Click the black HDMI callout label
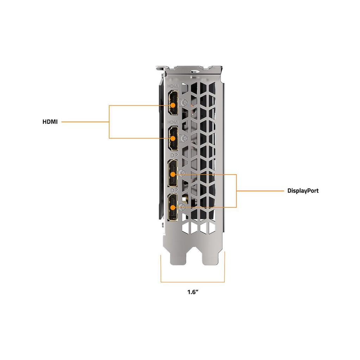pyautogui.click(x=50, y=122)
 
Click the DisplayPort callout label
pyautogui.click(x=303, y=191)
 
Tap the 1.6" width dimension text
pyautogui.click(x=193, y=292)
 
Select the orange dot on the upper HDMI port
pyautogui.click(x=173, y=105)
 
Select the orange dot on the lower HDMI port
pyautogui.click(x=173, y=138)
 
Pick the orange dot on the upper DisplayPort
pyautogui.click(x=173, y=174)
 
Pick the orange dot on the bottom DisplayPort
pyautogui.click(x=173, y=207)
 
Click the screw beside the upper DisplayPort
pyautogui.click(x=182, y=173)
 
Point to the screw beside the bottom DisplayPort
pyautogui.click(x=182, y=207)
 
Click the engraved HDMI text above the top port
pyautogui.click(x=173, y=86)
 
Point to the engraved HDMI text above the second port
pyautogui.click(x=173, y=122)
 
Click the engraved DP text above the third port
pyautogui.click(x=174, y=155)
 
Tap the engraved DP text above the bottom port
pyautogui.click(x=174, y=190)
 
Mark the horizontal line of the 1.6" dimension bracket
pyautogui.click(x=193, y=282)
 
